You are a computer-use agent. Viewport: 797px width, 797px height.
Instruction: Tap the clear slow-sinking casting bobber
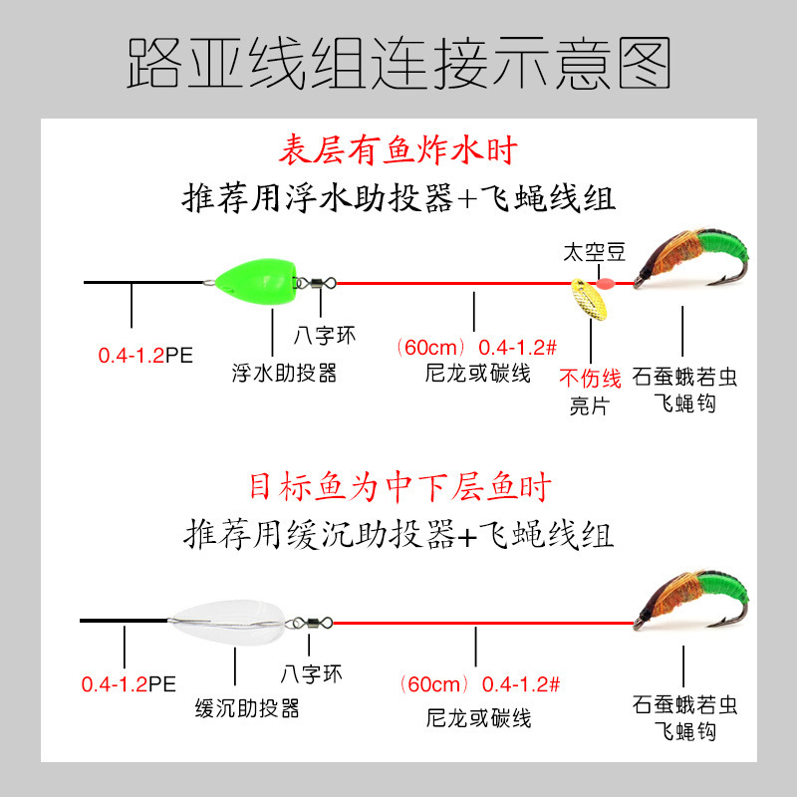pos(228,622)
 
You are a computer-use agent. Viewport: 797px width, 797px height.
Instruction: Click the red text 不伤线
pos(590,379)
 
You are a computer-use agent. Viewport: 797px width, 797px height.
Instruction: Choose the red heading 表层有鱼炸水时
pos(398,151)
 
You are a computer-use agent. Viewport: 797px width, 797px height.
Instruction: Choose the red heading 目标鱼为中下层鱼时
pos(398,488)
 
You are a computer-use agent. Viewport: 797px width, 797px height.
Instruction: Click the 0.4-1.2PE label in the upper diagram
pos(143,355)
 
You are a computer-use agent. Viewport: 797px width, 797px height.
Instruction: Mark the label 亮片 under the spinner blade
pos(590,404)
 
